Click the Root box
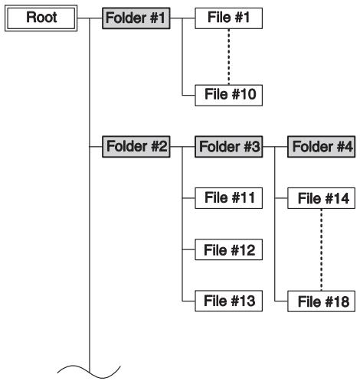coord(41,17)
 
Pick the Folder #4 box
coord(321,145)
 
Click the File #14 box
coord(321,199)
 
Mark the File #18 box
coord(321,301)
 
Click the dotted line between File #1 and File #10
coord(228,56)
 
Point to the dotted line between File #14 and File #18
coord(321,250)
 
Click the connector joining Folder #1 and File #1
coord(181,17)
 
